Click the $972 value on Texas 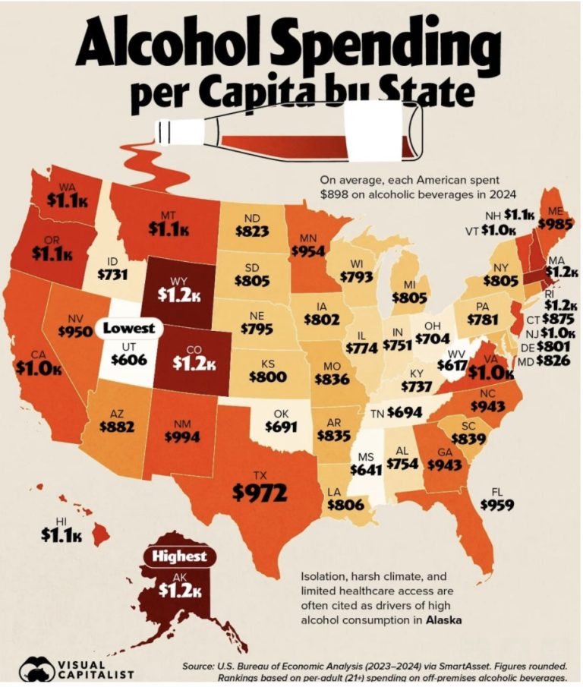259,493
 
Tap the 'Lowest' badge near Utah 128,329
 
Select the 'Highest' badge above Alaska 179,556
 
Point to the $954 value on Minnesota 309,250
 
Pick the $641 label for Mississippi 366,468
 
